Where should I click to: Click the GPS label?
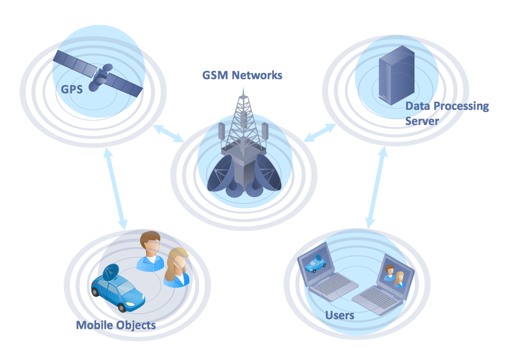[72, 88]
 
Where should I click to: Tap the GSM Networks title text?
[242, 75]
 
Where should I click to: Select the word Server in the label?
[422, 121]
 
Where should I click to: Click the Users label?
[340, 315]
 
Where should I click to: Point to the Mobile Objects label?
[116, 325]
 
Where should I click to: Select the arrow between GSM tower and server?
[320, 133]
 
